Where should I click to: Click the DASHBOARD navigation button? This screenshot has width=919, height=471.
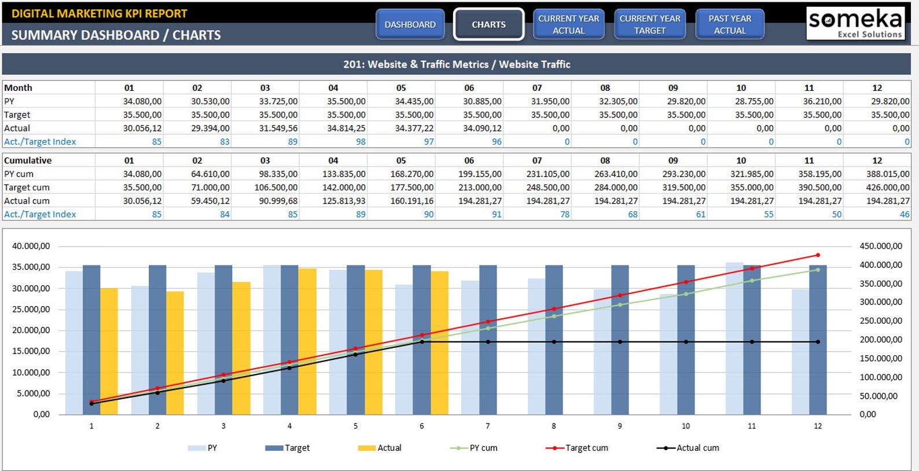click(x=410, y=24)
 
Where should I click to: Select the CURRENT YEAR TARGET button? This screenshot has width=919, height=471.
click(x=649, y=24)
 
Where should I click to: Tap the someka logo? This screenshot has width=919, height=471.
click(x=855, y=23)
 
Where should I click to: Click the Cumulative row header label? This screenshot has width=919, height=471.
click(x=28, y=160)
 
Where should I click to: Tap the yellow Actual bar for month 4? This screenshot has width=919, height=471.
click(x=307, y=341)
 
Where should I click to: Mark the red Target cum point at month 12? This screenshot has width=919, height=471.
click(x=818, y=255)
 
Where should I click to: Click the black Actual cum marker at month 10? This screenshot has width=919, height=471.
click(x=686, y=342)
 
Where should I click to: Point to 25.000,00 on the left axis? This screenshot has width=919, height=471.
click(x=31, y=309)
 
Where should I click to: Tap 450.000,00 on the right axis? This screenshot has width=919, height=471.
click(x=880, y=246)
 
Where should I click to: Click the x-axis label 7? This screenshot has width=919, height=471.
click(x=488, y=426)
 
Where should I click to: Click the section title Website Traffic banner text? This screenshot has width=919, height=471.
click(x=457, y=64)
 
